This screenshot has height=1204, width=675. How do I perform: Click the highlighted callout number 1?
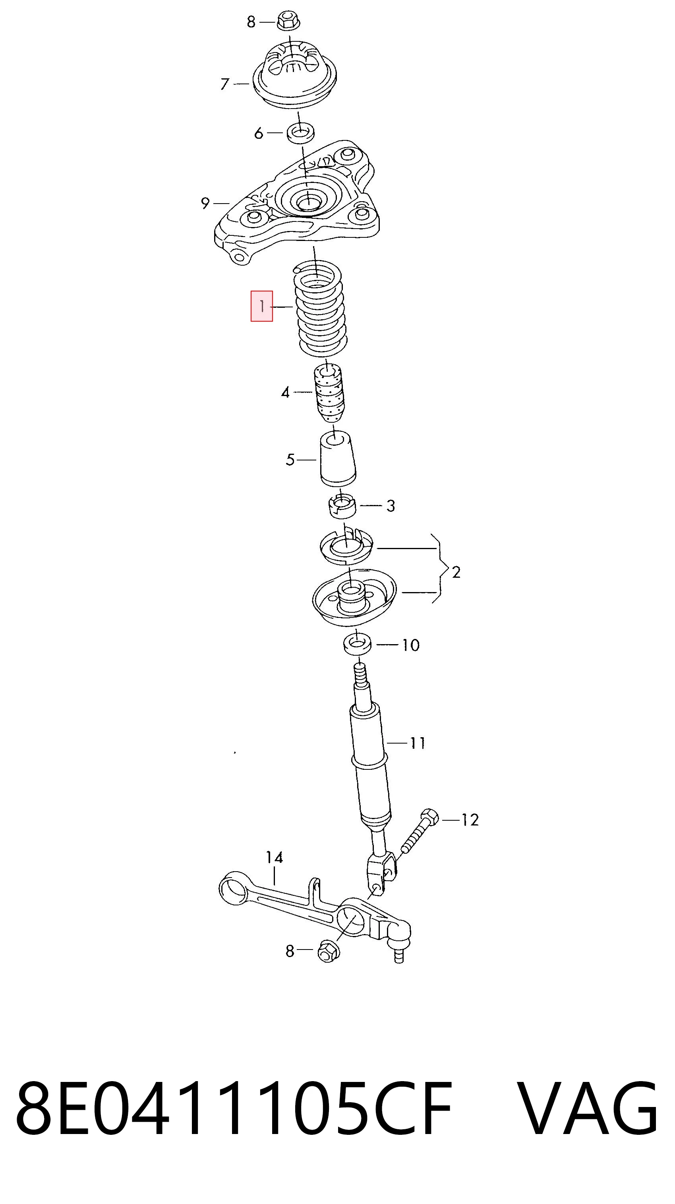coord(261,306)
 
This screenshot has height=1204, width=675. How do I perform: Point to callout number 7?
coord(225,84)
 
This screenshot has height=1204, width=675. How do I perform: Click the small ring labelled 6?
coord(300,133)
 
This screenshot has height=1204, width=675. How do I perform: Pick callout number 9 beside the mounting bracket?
coord(205,203)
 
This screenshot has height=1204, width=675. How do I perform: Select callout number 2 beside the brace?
coord(456,572)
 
